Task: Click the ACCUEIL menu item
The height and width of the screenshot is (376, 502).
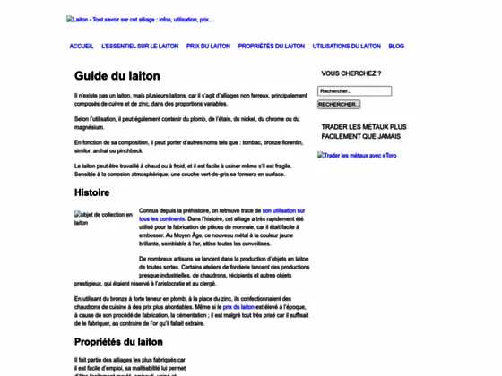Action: (x=81, y=46)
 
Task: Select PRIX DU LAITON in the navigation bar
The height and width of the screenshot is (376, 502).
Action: (x=208, y=46)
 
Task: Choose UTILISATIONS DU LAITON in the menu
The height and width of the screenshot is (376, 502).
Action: (x=347, y=46)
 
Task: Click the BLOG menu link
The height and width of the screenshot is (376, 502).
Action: (x=396, y=46)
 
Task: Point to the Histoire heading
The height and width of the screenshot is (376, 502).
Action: (x=92, y=192)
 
